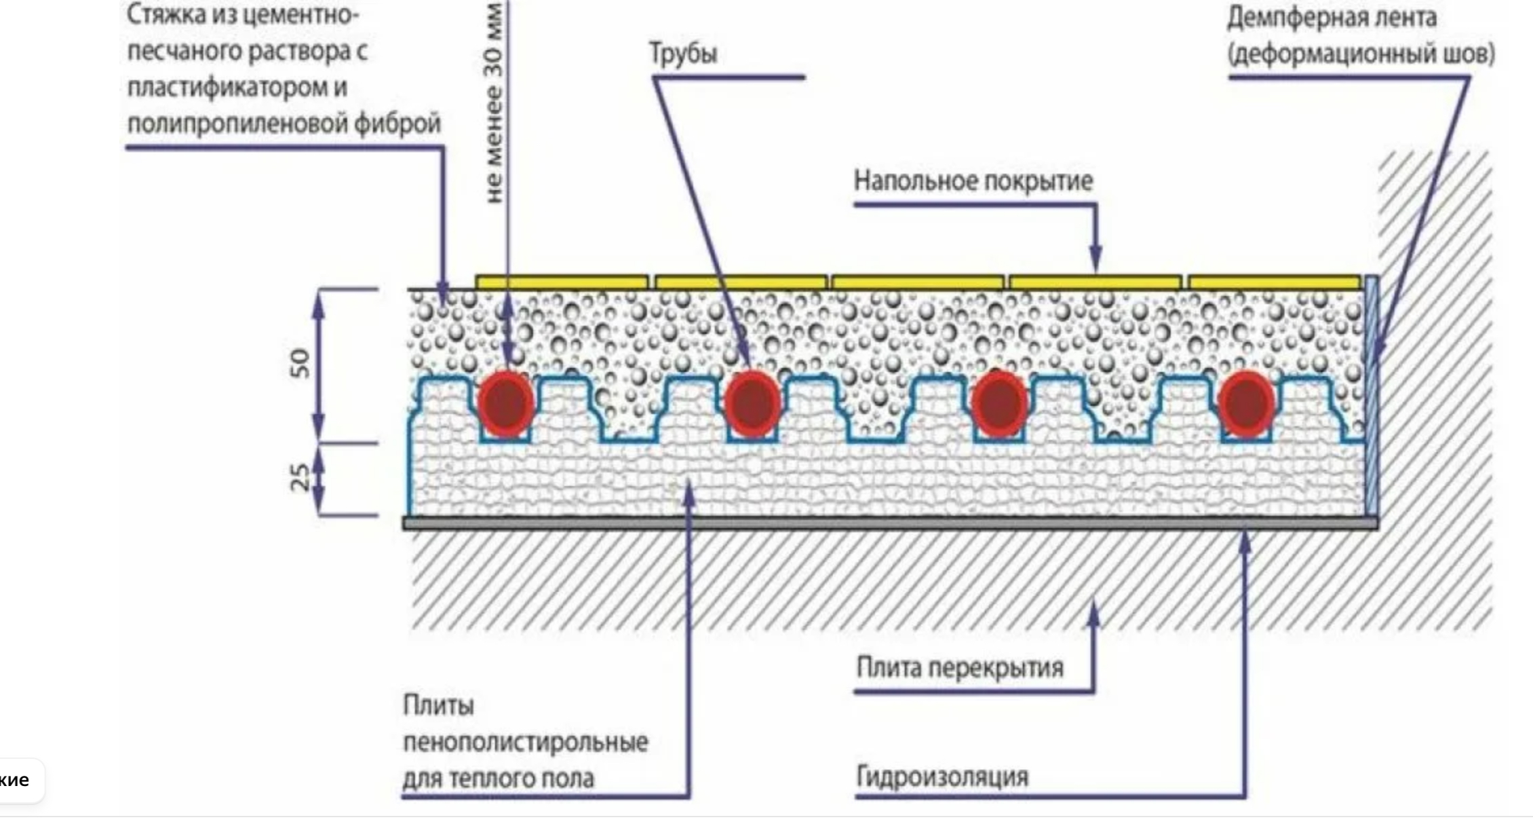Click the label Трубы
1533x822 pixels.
683,53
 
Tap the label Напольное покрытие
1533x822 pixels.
973,181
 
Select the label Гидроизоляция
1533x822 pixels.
942,777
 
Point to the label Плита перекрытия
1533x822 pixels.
959,668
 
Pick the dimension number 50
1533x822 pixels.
300,363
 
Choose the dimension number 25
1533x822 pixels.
300,477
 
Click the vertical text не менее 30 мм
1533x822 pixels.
494,102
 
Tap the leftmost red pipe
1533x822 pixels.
506,403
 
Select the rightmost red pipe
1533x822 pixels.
1246,403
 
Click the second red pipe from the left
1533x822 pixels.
752,403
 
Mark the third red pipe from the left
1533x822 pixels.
998,403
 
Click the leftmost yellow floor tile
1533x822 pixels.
562,282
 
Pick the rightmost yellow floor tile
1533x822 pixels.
1275,282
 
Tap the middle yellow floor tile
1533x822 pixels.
917,282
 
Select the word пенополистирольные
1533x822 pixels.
526,742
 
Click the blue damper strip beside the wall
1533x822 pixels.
1371,394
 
